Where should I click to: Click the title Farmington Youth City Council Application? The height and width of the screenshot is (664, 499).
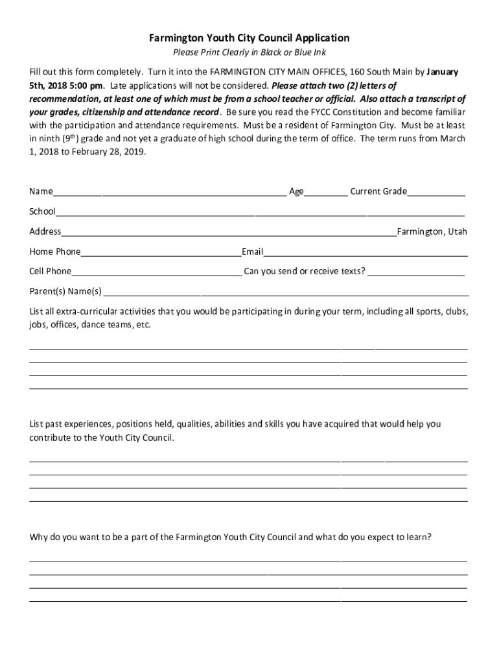250,38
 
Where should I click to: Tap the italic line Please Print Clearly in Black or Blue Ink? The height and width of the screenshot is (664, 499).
250,53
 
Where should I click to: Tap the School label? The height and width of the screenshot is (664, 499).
42,211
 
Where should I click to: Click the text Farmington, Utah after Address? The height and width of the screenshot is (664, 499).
432,231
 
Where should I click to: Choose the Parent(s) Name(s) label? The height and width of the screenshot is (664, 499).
65,291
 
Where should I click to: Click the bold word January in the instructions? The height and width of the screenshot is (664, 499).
442,72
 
